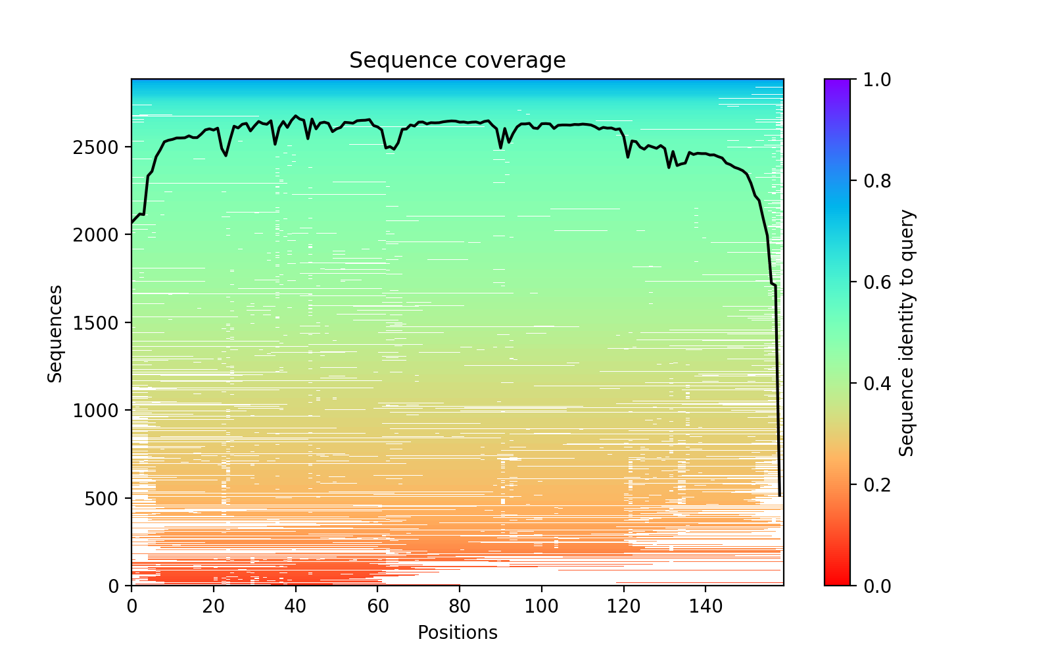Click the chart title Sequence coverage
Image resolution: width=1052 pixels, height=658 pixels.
pos(457,61)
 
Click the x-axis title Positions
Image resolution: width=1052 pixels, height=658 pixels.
pos(457,633)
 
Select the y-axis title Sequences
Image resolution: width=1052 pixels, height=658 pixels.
pos(55,333)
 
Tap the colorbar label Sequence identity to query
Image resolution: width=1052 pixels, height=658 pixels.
pos(907,333)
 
